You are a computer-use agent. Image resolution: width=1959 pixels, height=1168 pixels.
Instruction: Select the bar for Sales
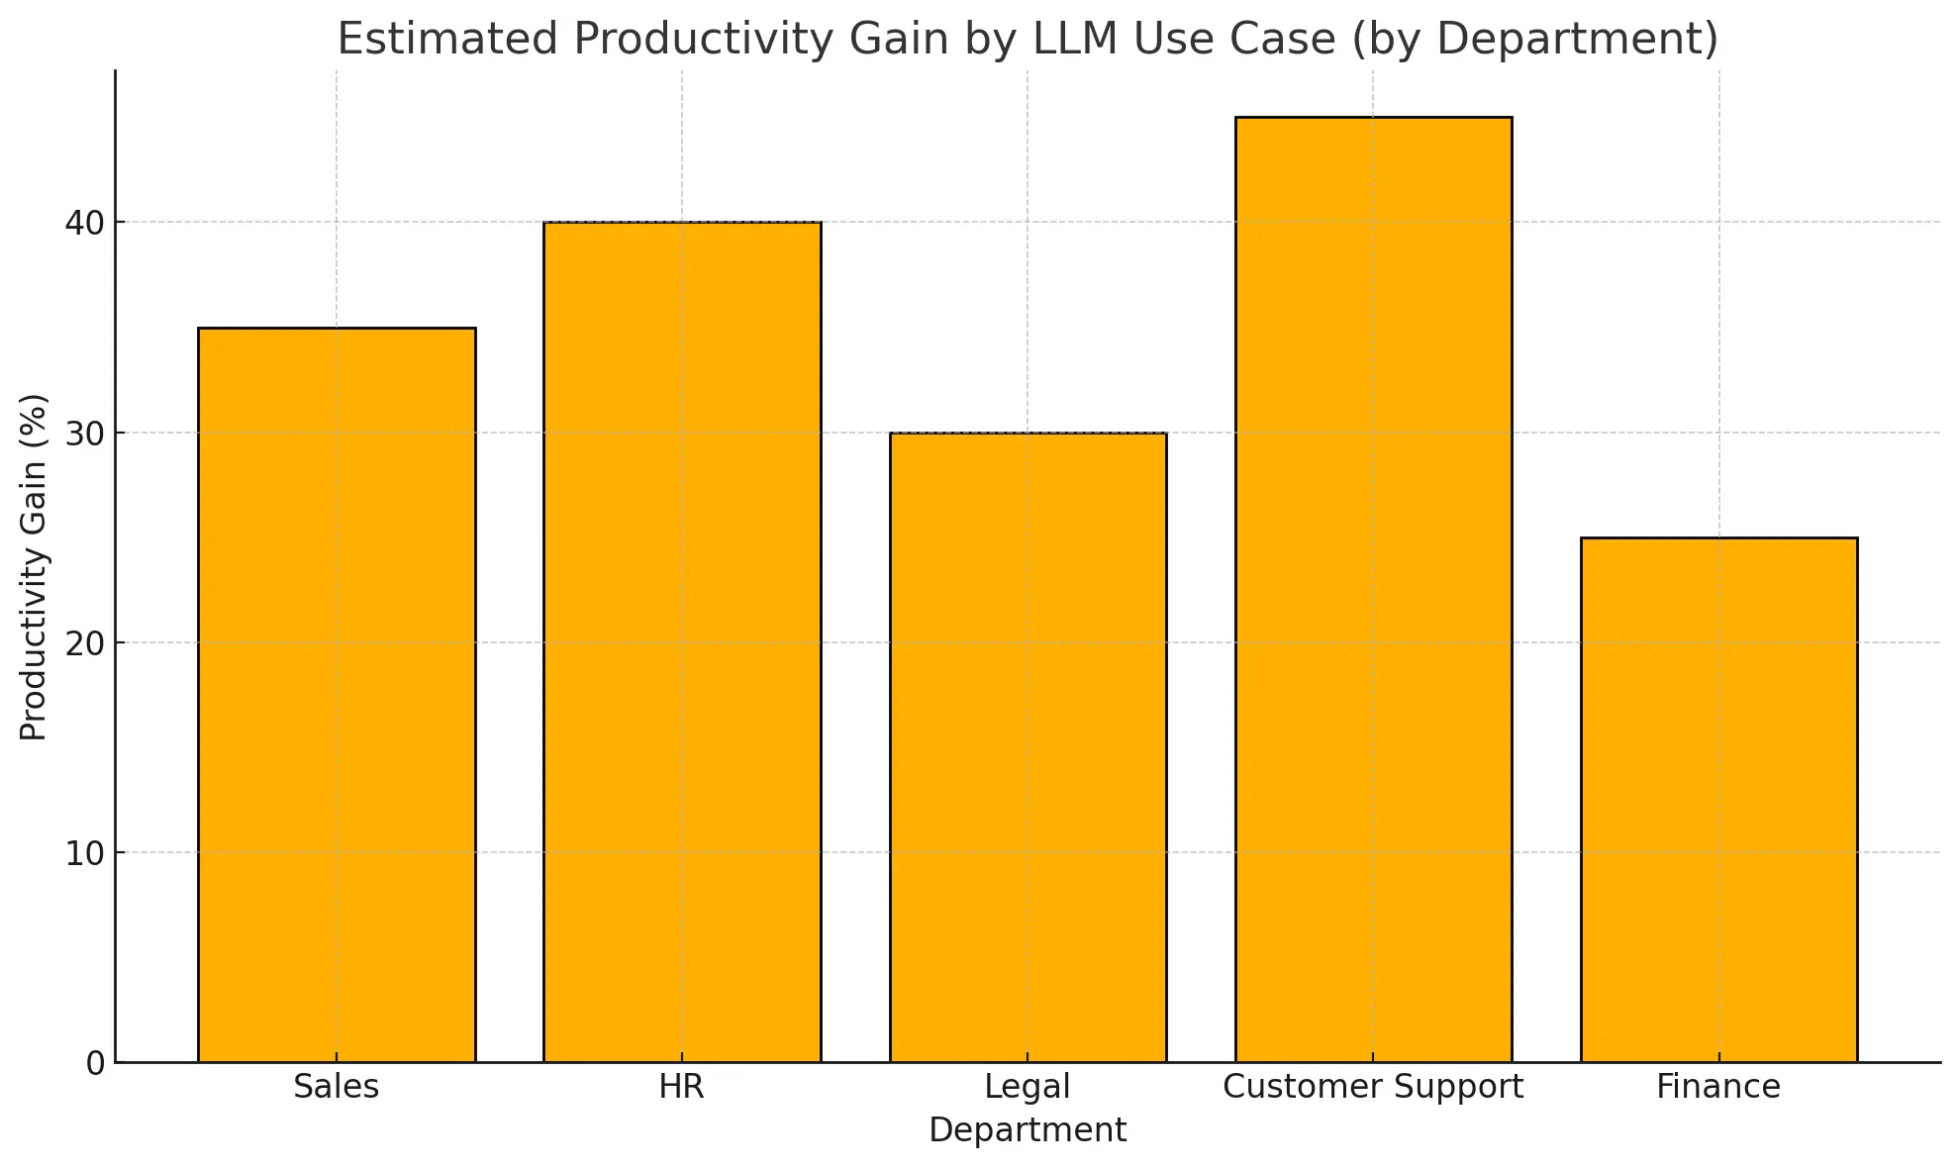click(337, 695)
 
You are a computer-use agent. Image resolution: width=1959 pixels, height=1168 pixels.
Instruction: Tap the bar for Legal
click(1028, 747)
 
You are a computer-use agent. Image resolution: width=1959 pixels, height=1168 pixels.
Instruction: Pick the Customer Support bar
click(1373, 589)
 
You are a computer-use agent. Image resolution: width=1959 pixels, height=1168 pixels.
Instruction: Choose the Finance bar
click(1718, 800)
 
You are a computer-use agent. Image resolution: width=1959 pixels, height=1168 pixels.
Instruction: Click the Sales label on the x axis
click(337, 1087)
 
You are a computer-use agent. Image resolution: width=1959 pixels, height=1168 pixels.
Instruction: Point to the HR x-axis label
click(682, 1087)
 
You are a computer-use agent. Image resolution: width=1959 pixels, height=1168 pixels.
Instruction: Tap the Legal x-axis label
click(1028, 1087)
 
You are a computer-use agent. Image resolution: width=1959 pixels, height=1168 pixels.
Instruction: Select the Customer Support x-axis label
click(1373, 1087)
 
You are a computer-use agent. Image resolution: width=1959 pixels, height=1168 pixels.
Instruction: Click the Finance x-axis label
click(1718, 1087)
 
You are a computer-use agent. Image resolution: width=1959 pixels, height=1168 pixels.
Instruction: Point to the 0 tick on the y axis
click(95, 1064)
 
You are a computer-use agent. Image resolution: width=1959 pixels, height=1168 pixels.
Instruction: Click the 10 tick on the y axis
click(85, 853)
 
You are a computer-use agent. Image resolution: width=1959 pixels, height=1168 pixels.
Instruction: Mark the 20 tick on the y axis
click(85, 643)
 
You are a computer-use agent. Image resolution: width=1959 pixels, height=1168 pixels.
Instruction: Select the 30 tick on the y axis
click(85, 434)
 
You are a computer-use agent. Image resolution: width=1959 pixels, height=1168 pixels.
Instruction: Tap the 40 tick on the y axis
click(85, 223)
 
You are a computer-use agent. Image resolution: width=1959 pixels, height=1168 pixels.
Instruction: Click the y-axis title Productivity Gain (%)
click(34, 567)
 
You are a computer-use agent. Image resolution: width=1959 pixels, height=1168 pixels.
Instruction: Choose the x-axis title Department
click(1028, 1130)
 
